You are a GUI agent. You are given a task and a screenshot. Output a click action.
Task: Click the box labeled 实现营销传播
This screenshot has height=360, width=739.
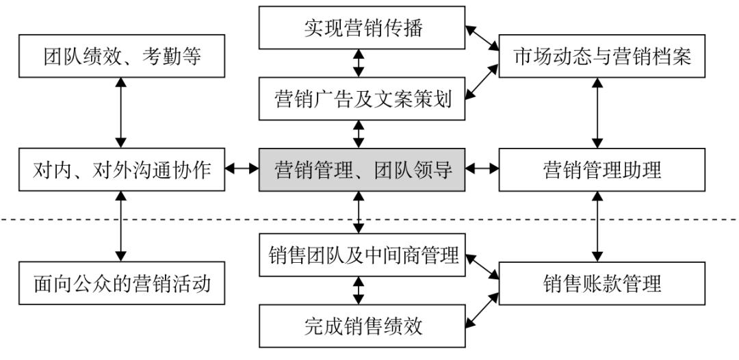[363, 28]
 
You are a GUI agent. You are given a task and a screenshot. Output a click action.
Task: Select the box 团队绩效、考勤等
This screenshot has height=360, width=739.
[122, 57]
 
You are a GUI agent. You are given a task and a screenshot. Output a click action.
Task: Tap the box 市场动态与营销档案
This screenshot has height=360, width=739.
[602, 57]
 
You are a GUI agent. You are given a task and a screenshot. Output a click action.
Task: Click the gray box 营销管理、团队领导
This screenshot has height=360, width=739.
[363, 168]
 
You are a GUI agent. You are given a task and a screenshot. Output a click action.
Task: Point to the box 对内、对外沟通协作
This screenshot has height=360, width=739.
[122, 168]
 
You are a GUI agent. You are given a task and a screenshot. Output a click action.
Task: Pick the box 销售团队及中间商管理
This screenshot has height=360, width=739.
[363, 256]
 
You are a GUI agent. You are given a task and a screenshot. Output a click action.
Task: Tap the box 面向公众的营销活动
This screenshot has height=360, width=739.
[122, 282]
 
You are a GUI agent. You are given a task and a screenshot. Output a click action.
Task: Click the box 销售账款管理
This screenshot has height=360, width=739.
[602, 282]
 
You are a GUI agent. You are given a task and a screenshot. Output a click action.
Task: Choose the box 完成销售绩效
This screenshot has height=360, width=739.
[363, 326]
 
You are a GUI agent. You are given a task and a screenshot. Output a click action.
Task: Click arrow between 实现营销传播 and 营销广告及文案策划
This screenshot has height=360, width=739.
[358, 62]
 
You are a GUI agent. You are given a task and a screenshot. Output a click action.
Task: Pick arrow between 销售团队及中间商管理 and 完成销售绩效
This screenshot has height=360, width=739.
[358, 290]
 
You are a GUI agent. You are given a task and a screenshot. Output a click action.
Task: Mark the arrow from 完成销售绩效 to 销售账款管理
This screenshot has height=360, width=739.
[482, 311]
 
